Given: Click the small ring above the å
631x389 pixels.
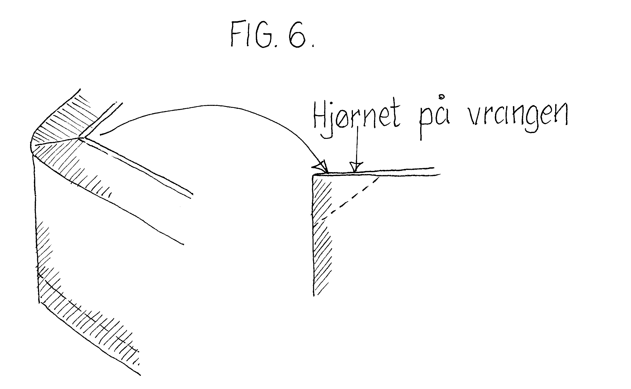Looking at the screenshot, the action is (x=442, y=97).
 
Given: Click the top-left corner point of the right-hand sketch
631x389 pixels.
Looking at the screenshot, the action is (x=313, y=176).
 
